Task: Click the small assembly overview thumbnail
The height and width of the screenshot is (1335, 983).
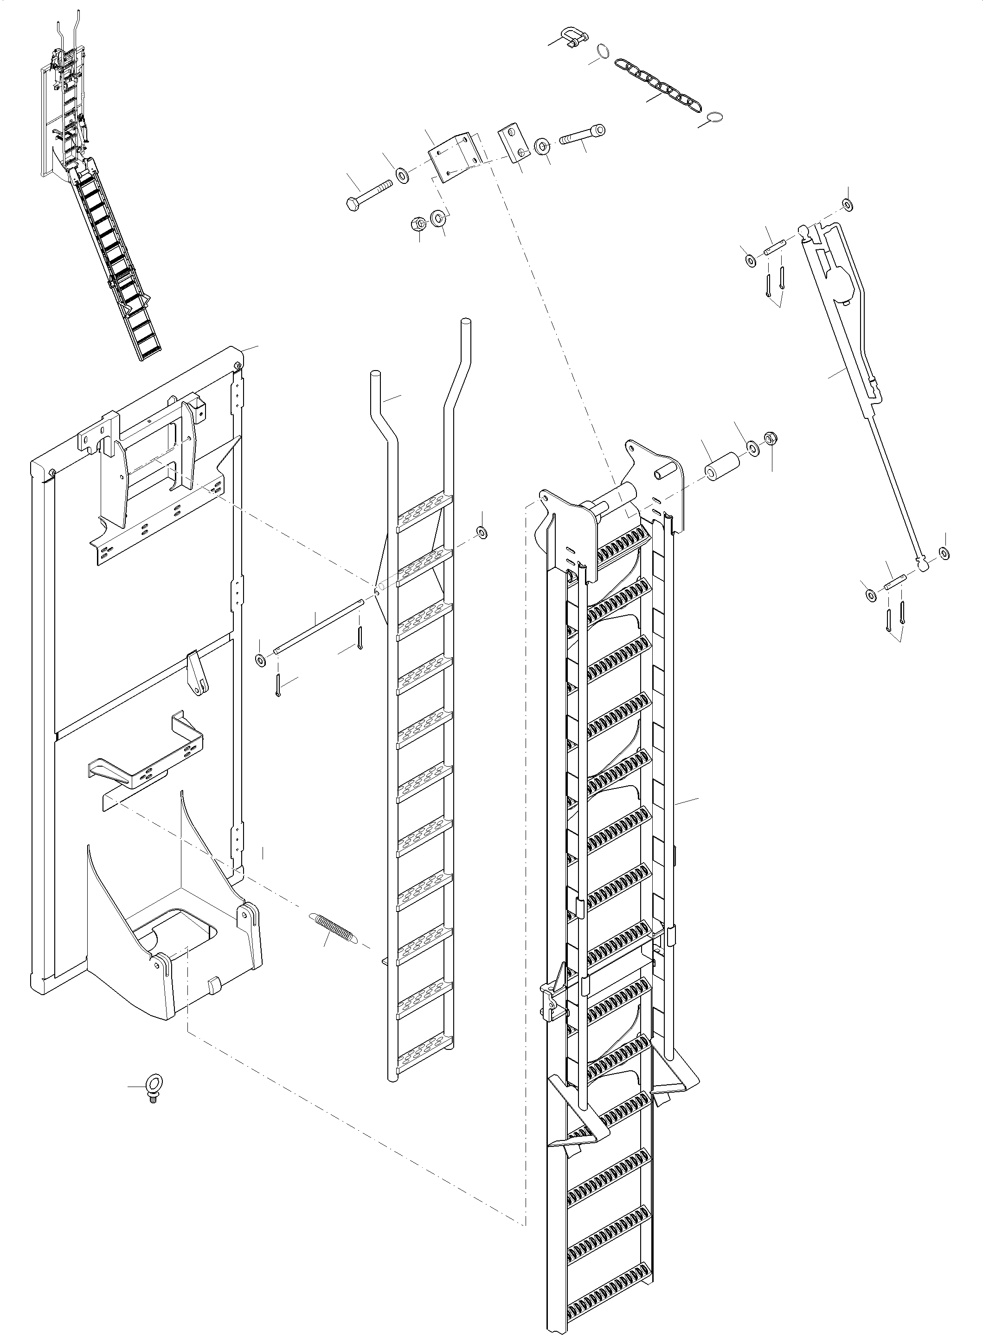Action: click(x=101, y=185)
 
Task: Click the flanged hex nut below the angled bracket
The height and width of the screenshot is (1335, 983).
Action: click(x=419, y=224)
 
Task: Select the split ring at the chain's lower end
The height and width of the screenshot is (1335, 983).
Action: click(x=716, y=118)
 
